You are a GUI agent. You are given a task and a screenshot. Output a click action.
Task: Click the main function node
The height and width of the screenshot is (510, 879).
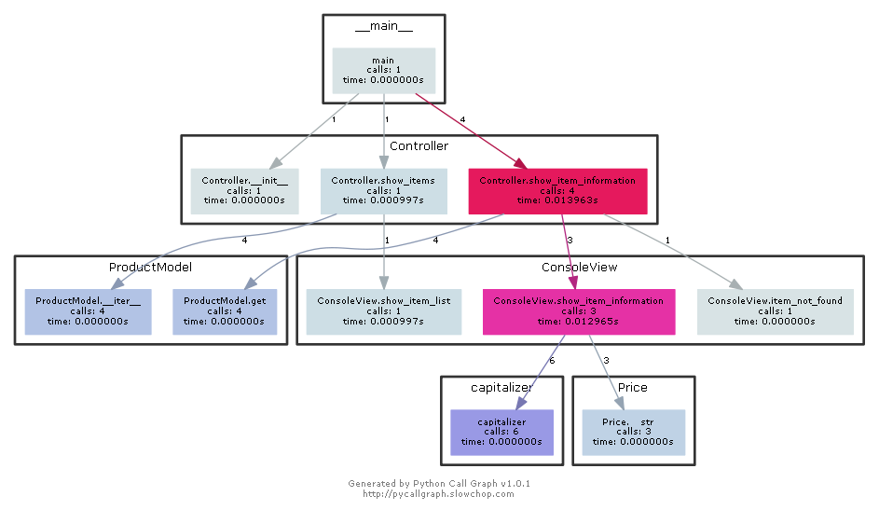[383, 70]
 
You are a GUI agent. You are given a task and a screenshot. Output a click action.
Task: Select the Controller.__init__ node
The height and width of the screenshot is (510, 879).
[244, 191]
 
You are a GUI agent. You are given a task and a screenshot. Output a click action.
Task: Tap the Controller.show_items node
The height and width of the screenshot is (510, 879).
[383, 191]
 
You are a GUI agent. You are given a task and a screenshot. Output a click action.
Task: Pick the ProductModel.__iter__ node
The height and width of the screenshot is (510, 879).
[88, 311]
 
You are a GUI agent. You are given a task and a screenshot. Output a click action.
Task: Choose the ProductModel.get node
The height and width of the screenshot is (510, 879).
[225, 311]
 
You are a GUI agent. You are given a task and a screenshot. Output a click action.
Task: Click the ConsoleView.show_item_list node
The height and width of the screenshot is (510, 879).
[383, 311]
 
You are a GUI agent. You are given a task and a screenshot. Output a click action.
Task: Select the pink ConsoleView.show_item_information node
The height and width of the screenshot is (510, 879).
[578, 311]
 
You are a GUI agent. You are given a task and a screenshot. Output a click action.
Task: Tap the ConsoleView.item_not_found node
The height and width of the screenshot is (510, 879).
[775, 311]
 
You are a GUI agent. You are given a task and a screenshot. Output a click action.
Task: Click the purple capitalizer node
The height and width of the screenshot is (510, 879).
[501, 433]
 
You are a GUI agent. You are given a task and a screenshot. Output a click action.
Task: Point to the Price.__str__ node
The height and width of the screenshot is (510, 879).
[633, 433]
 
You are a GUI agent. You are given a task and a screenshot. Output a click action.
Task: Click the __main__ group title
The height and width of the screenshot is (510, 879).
[383, 25]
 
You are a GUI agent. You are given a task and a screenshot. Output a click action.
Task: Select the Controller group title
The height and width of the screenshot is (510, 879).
[419, 146]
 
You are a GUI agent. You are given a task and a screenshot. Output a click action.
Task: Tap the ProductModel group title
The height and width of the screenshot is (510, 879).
[150, 267]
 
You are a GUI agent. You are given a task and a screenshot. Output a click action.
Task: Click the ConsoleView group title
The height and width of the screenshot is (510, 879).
[579, 267]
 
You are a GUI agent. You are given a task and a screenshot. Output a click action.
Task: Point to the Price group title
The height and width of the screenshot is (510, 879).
[632, 388]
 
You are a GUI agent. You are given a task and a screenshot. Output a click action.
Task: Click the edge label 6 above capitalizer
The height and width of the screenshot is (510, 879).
[525, 361]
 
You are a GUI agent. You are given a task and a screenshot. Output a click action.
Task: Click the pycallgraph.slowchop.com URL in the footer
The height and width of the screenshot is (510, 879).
[438, 494]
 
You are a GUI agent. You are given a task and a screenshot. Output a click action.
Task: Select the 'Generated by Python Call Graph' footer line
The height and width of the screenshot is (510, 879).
[439, 484]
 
